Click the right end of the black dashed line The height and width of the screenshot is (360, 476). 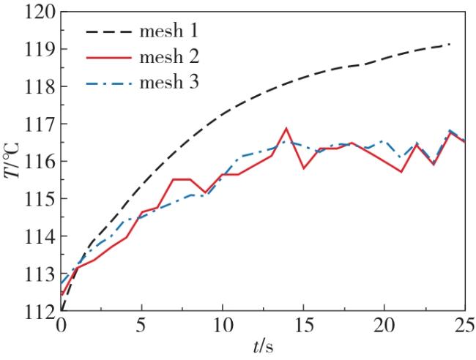[x=449, y=45]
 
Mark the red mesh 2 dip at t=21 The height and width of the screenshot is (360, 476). [x=401, y=172]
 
